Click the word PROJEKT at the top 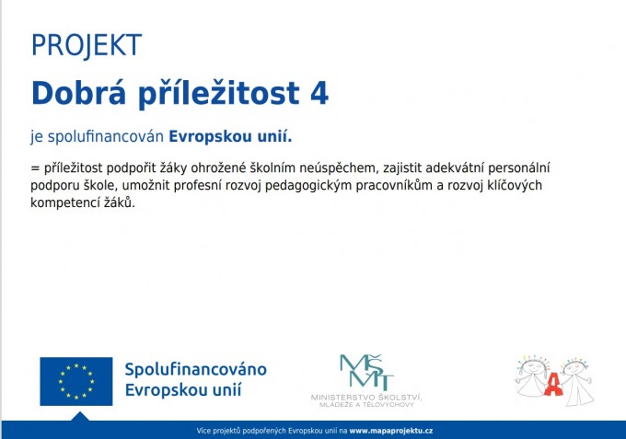click(x=87, y=45)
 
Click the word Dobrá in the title click(x=78, y=93)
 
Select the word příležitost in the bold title click(x=219, y=94)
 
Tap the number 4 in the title click(x=319, y=93)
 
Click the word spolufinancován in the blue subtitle click(x=106, y=137)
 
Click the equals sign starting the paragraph click(x=35, y=168)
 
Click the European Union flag click(x=76, y=381)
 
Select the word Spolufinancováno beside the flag click(x=195, y=370)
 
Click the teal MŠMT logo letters click(x=366, y=373)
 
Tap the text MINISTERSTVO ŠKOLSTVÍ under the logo click(x=366, y=398)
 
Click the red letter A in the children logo click(x=553, y=384)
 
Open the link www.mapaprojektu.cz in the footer click(x=391, y=431)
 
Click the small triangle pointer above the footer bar click(x=80, y=417)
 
